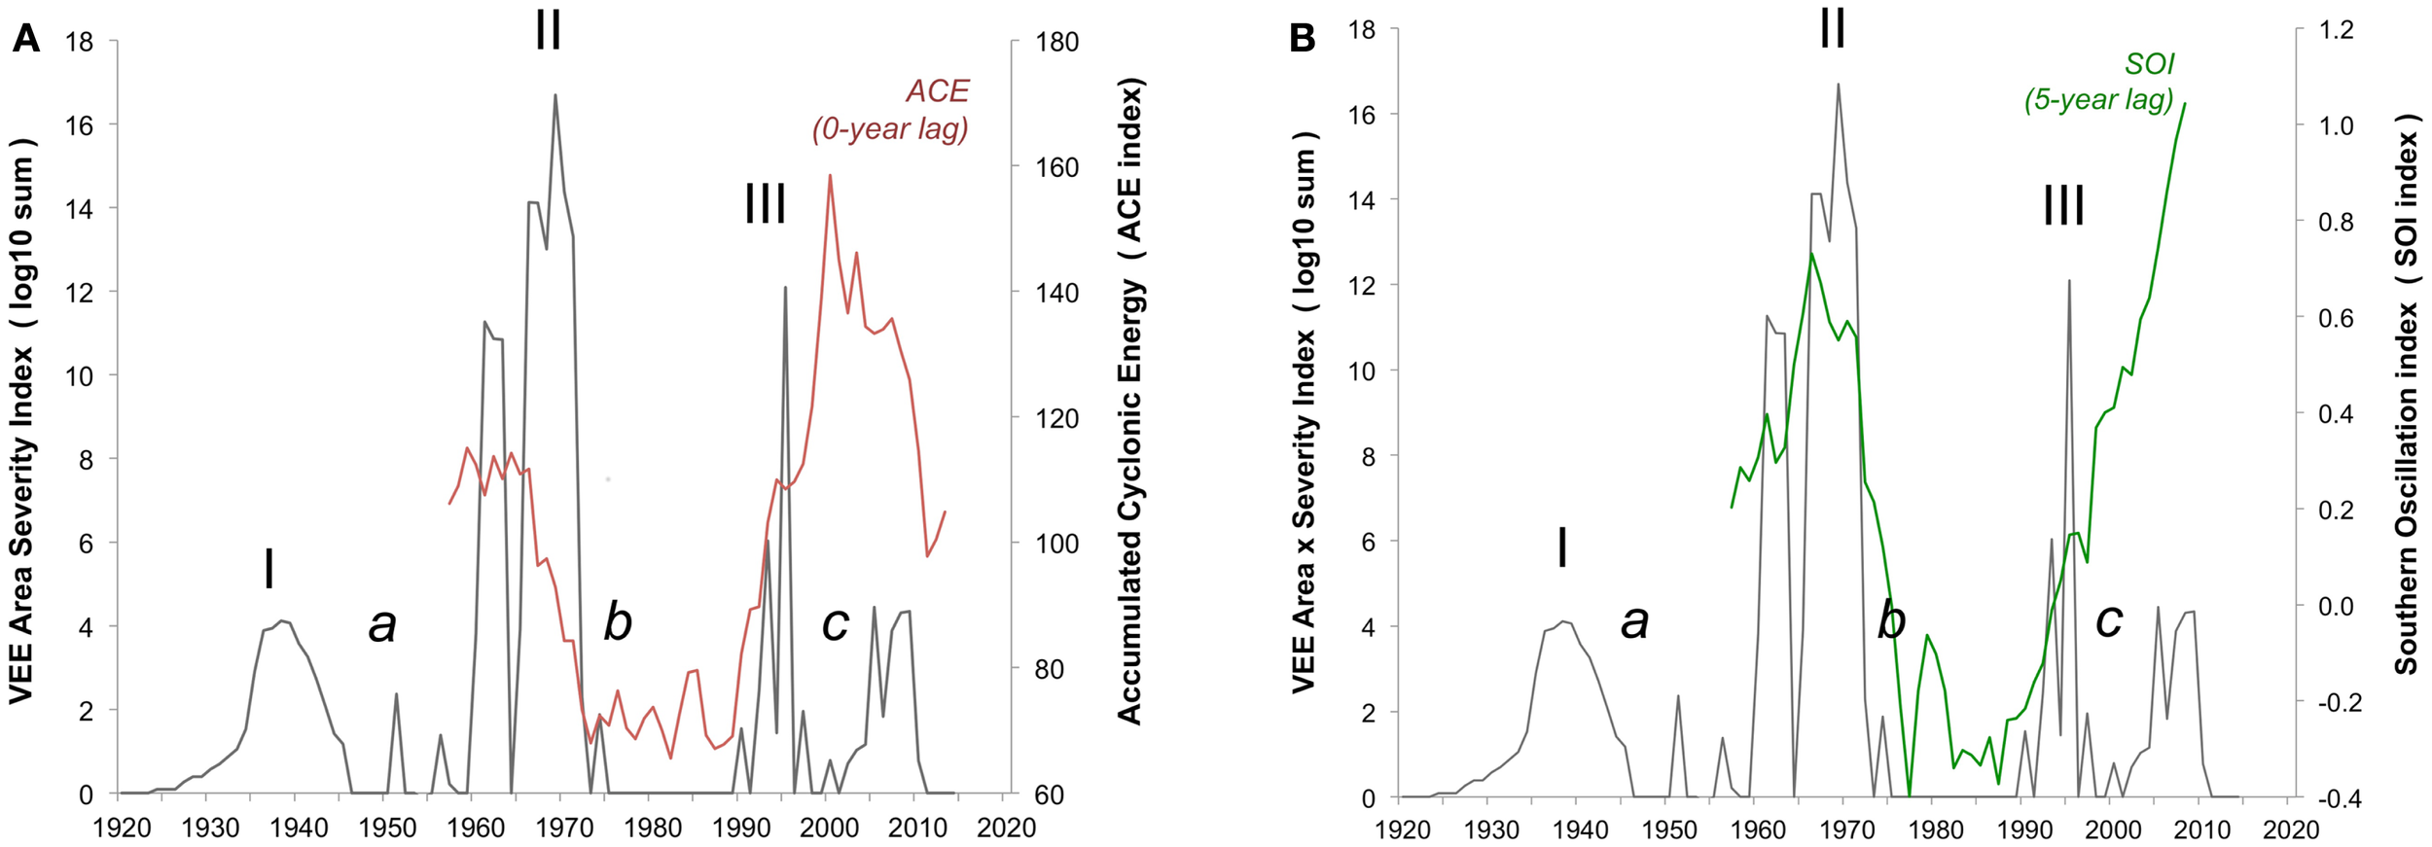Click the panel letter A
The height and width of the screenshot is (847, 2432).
[25, 39]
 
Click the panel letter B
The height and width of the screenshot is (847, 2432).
[1302, 39]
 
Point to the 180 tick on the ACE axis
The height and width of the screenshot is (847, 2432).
[1056, 42]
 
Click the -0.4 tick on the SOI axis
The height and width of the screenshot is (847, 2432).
[2332, 798]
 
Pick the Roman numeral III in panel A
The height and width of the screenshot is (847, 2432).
[765, 204]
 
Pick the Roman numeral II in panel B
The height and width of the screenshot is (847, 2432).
[1833, 29]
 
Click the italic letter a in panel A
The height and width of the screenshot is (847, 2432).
[382, 624]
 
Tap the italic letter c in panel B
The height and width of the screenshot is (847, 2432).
[2108, 619]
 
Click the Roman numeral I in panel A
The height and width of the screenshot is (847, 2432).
[268, 568]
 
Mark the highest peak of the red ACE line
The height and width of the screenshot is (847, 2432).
[830, 176]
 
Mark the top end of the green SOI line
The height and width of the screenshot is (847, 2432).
[2185, 104]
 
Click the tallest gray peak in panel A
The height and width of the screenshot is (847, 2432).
[555, 95]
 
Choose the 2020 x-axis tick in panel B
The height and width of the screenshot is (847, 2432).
[2291, 829]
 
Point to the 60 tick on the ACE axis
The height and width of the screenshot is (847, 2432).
[1049, 795]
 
